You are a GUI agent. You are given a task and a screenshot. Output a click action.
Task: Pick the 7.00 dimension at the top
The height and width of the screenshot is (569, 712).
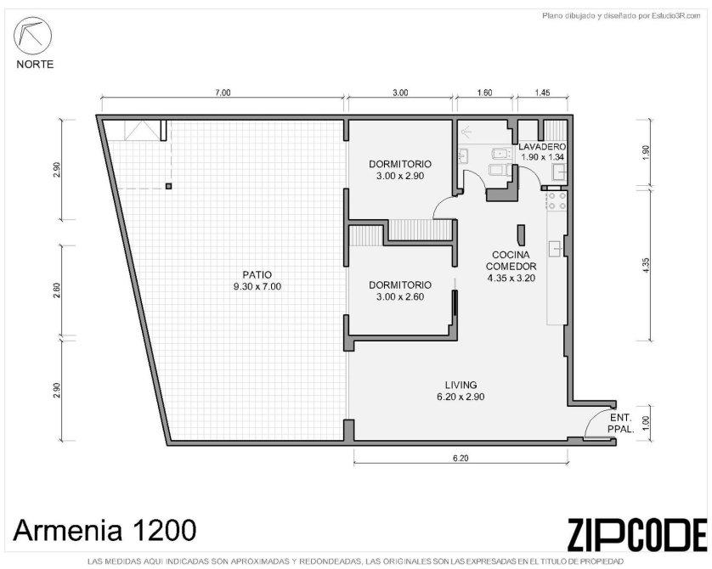(223, 93)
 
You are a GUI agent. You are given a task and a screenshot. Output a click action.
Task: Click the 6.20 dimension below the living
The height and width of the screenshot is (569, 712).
(461, 459)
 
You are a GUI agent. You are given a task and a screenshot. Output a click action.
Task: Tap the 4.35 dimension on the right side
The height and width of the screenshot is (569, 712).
(647, 266)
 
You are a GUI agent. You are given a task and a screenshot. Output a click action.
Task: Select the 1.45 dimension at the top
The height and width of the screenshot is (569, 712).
(542, 93)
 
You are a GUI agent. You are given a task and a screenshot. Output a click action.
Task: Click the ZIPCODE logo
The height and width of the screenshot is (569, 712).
(636, 534)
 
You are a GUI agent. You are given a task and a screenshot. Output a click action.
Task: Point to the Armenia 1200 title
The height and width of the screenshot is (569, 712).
(105, 530)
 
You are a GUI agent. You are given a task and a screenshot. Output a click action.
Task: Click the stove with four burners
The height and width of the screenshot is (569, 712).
(557, 201)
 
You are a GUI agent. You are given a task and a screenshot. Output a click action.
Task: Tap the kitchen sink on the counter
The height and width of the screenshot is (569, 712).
(556, 249)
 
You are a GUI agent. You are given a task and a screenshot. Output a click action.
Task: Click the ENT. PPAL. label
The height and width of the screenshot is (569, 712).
(620, 423)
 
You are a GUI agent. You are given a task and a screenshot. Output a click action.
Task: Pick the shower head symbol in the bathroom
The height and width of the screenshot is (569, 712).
(466, 132)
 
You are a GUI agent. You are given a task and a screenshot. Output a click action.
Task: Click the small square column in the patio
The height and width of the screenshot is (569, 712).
(169, 186)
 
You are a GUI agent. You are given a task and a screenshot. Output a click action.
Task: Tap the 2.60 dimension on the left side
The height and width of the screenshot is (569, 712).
(57, 290)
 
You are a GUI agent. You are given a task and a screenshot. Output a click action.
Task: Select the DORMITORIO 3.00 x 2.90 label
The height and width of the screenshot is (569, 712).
(400, 170)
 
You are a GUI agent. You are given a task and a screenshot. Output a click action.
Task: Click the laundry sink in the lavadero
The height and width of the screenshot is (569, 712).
(558, 172)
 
